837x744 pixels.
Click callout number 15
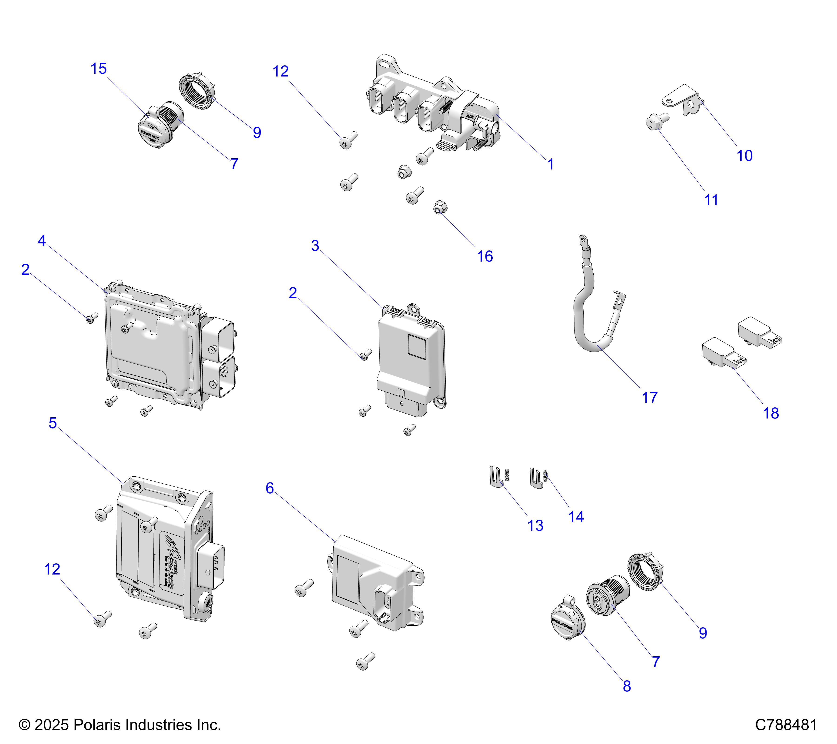pyautogui.click(x=98, y=69)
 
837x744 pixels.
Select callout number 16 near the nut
pyautogui.click(x=485, y=257)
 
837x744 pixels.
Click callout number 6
pyautogui.click(x=269, y=488)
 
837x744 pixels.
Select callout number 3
pyautogui.click(x=315, y=246)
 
